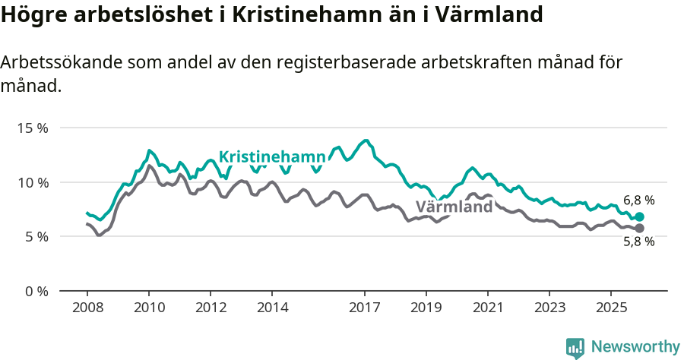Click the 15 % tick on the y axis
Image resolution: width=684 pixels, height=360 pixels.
pos(32,128)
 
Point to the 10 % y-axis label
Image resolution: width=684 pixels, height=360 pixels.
pos(32,182)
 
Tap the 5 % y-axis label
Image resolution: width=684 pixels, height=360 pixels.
pos(35,236)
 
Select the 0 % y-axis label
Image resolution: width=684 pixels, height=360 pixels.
pos(35,291)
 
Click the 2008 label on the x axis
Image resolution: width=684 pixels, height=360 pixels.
pos(87,308)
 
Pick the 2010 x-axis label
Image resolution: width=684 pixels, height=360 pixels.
pos(149,308)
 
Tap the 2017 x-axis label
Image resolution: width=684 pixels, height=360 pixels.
pos(365,308)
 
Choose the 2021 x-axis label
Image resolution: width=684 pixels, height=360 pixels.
pos(488,308)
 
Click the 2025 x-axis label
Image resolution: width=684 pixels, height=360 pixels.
pos(611,308)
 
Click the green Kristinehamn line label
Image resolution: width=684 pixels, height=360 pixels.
pos(271,157)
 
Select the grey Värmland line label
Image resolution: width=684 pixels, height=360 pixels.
pos(454,207)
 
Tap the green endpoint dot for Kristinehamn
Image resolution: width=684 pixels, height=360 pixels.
pos(640,216)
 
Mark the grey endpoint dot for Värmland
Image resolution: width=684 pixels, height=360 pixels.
pos(640,228)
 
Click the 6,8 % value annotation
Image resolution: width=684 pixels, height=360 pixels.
pos(638,201)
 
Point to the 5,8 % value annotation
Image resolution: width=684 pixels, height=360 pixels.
pos(638,242)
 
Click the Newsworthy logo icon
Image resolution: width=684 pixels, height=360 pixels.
pos(575,347)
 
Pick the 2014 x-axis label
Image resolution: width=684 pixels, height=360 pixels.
pos(272,308)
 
